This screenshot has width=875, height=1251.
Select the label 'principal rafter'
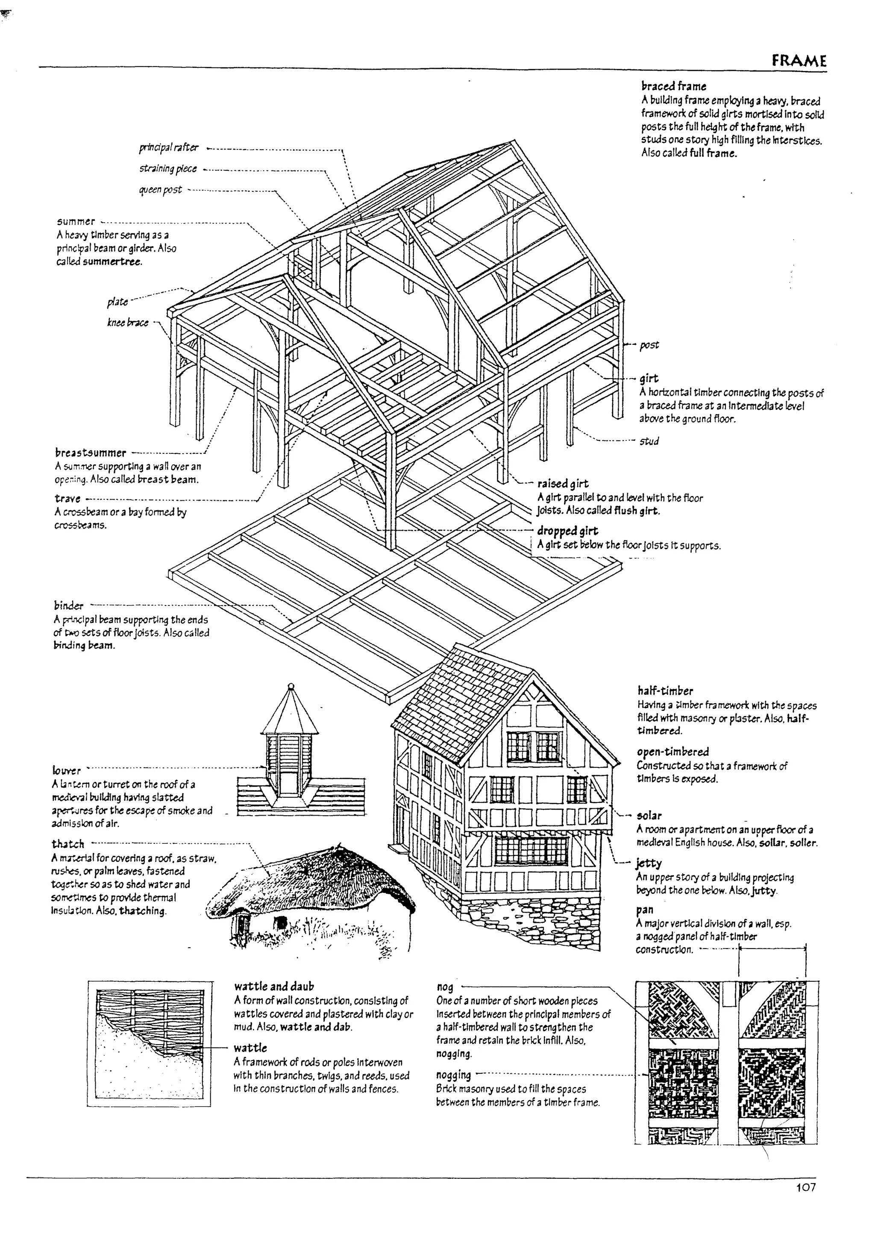pyautogui.click(x=169, y=148)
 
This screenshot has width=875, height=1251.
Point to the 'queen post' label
pyautogui.click(x=160, y=190)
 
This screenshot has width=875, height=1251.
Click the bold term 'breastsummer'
pyautogui.click(x=91, y=453)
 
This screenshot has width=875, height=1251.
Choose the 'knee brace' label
pyautogui.click(x=128, y=323)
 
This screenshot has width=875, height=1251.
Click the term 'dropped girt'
pyautogui.click(x=567, y=531)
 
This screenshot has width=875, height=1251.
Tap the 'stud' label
pyautogui.click(x=649, y=441)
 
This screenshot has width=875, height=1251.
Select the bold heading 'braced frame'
pyautogui.click(x=673, y=86)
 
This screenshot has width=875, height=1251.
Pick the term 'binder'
pyautogui.click(x=69, y=605)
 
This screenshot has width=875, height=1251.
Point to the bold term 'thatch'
pyautogui.click(x=68, y=844)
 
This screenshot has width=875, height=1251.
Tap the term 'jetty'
pyautogui.click(x=649, y=863)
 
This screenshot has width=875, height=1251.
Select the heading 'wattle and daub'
pyautogui.click(x=274, y=986)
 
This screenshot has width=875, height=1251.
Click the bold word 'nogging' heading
pyautogui.click(x=453, y=1086)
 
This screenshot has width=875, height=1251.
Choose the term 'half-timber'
pyautogui.click(x=665, y=691)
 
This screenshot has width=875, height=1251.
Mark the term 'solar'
pyautogui.click(x=649, y=816)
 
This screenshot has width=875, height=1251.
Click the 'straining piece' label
pyautogui.click(x=168, y=169)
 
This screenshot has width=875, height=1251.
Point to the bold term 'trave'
pyautogui.click(x=68, y=499)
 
